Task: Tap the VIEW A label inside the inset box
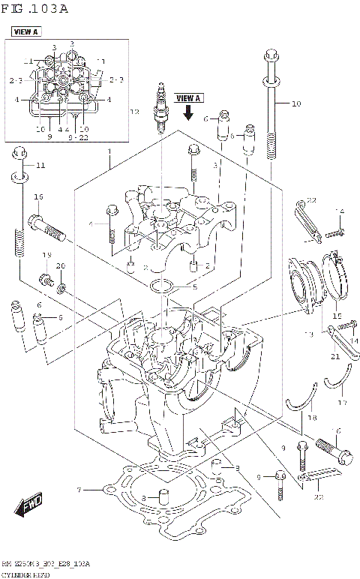25,31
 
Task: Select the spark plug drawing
160,107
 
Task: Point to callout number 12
135,112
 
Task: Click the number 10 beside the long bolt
295,103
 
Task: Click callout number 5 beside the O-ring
195,286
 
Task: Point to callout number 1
109,151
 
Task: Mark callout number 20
61,266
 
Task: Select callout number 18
312,417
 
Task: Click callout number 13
307,334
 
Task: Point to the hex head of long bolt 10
269,53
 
